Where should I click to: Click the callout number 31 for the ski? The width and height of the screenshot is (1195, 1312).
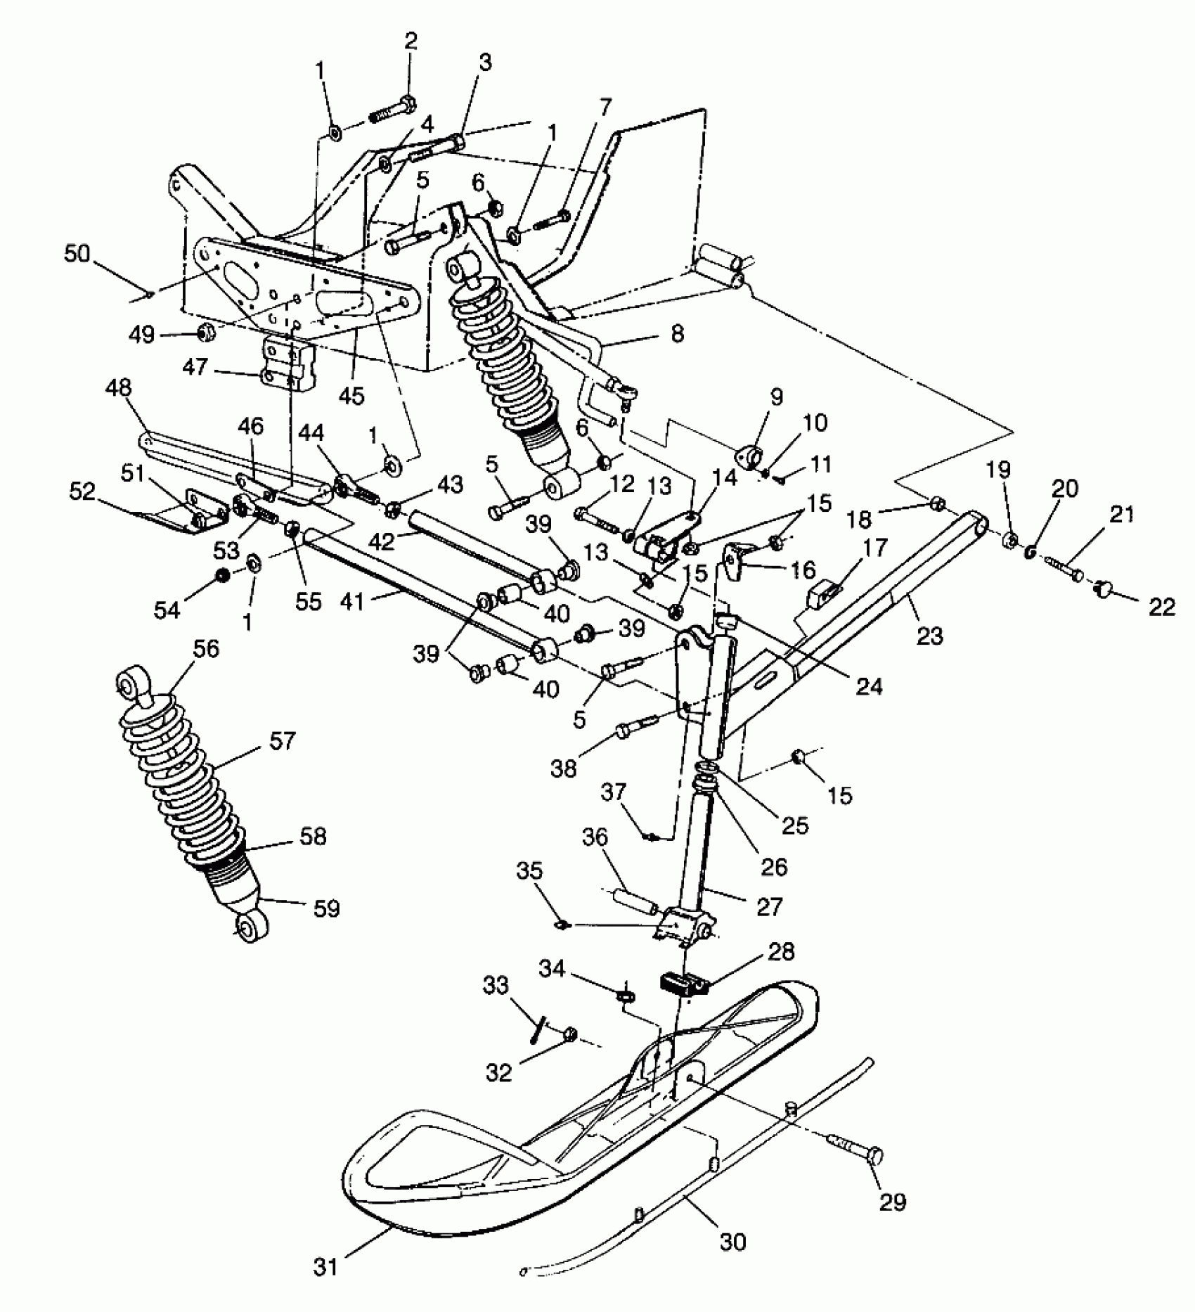tap(327, 1266)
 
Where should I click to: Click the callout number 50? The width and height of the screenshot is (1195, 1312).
tap(77, 255)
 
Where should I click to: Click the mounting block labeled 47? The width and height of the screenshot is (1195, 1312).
tap(286, 363)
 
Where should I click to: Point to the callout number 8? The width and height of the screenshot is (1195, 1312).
tap(676, 333)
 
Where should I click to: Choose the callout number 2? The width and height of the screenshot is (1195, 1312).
tap(411, 40)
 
